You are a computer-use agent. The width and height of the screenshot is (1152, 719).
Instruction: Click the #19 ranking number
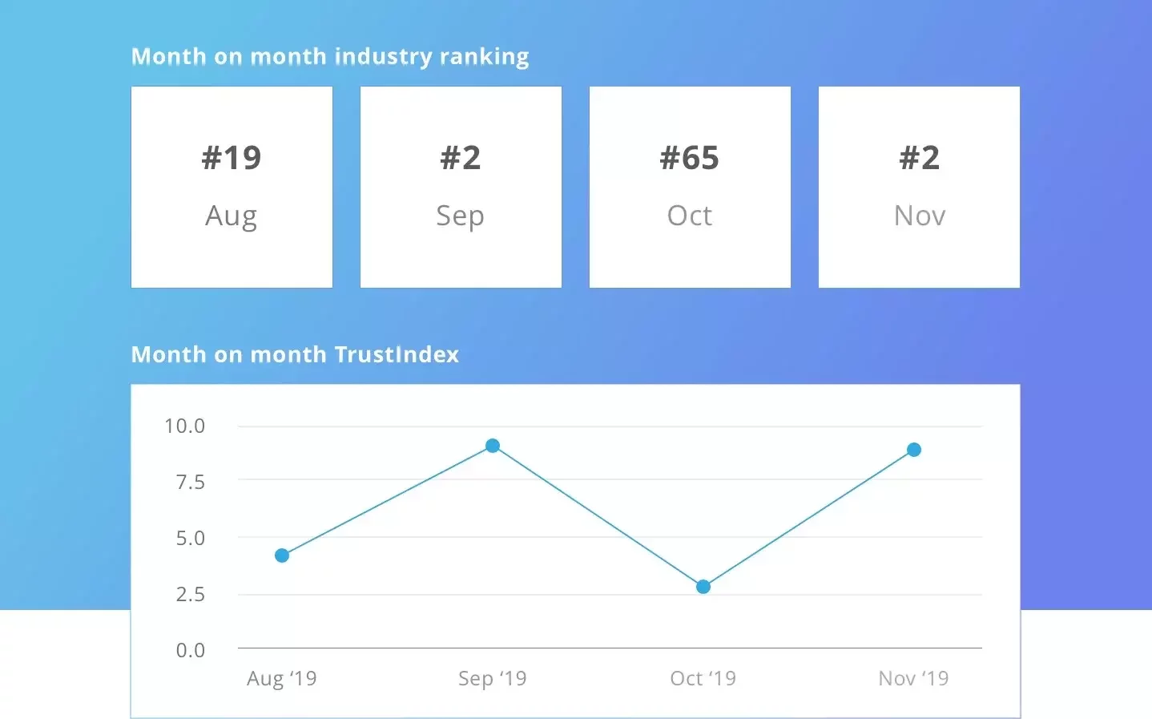tap(232, 158)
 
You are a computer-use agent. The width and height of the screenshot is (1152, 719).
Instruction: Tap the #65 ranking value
tap(690, 158)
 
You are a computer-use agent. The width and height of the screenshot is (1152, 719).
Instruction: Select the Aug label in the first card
tap(232, 216)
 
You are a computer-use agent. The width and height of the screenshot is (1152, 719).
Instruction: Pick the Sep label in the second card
tap(460, 216)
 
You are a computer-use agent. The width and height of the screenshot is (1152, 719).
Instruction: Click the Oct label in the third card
tap(690, 216)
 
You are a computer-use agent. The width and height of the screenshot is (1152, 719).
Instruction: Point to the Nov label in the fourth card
tap(920, 216)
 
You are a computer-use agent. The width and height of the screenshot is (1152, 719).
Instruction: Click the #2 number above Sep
tap(461, 158)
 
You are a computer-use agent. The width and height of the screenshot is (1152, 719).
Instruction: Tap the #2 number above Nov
tap(920, 158)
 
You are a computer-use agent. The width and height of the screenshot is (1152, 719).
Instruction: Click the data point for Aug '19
tap(282, 555)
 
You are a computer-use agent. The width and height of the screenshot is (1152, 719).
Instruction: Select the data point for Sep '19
tap(493, 446)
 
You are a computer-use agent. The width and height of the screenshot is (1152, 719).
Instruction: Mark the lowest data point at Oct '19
tap(703, 587)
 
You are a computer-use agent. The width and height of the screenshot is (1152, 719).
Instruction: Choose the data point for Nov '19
tap(914, 450)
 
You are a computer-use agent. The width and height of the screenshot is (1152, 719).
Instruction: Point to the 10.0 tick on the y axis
tap(184, 426)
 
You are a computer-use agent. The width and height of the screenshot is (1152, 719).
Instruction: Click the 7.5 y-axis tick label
tap(190, 483)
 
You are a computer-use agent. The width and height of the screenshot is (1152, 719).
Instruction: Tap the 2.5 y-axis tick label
tap(190, 595)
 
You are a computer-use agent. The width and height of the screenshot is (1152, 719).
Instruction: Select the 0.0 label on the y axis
tap(190, 651)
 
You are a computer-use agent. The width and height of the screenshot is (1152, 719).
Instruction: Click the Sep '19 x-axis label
tap(492, 679)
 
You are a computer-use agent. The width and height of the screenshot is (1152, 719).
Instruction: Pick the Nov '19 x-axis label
tap(913, 679)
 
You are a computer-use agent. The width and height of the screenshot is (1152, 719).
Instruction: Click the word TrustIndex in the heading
tap(397, 354)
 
